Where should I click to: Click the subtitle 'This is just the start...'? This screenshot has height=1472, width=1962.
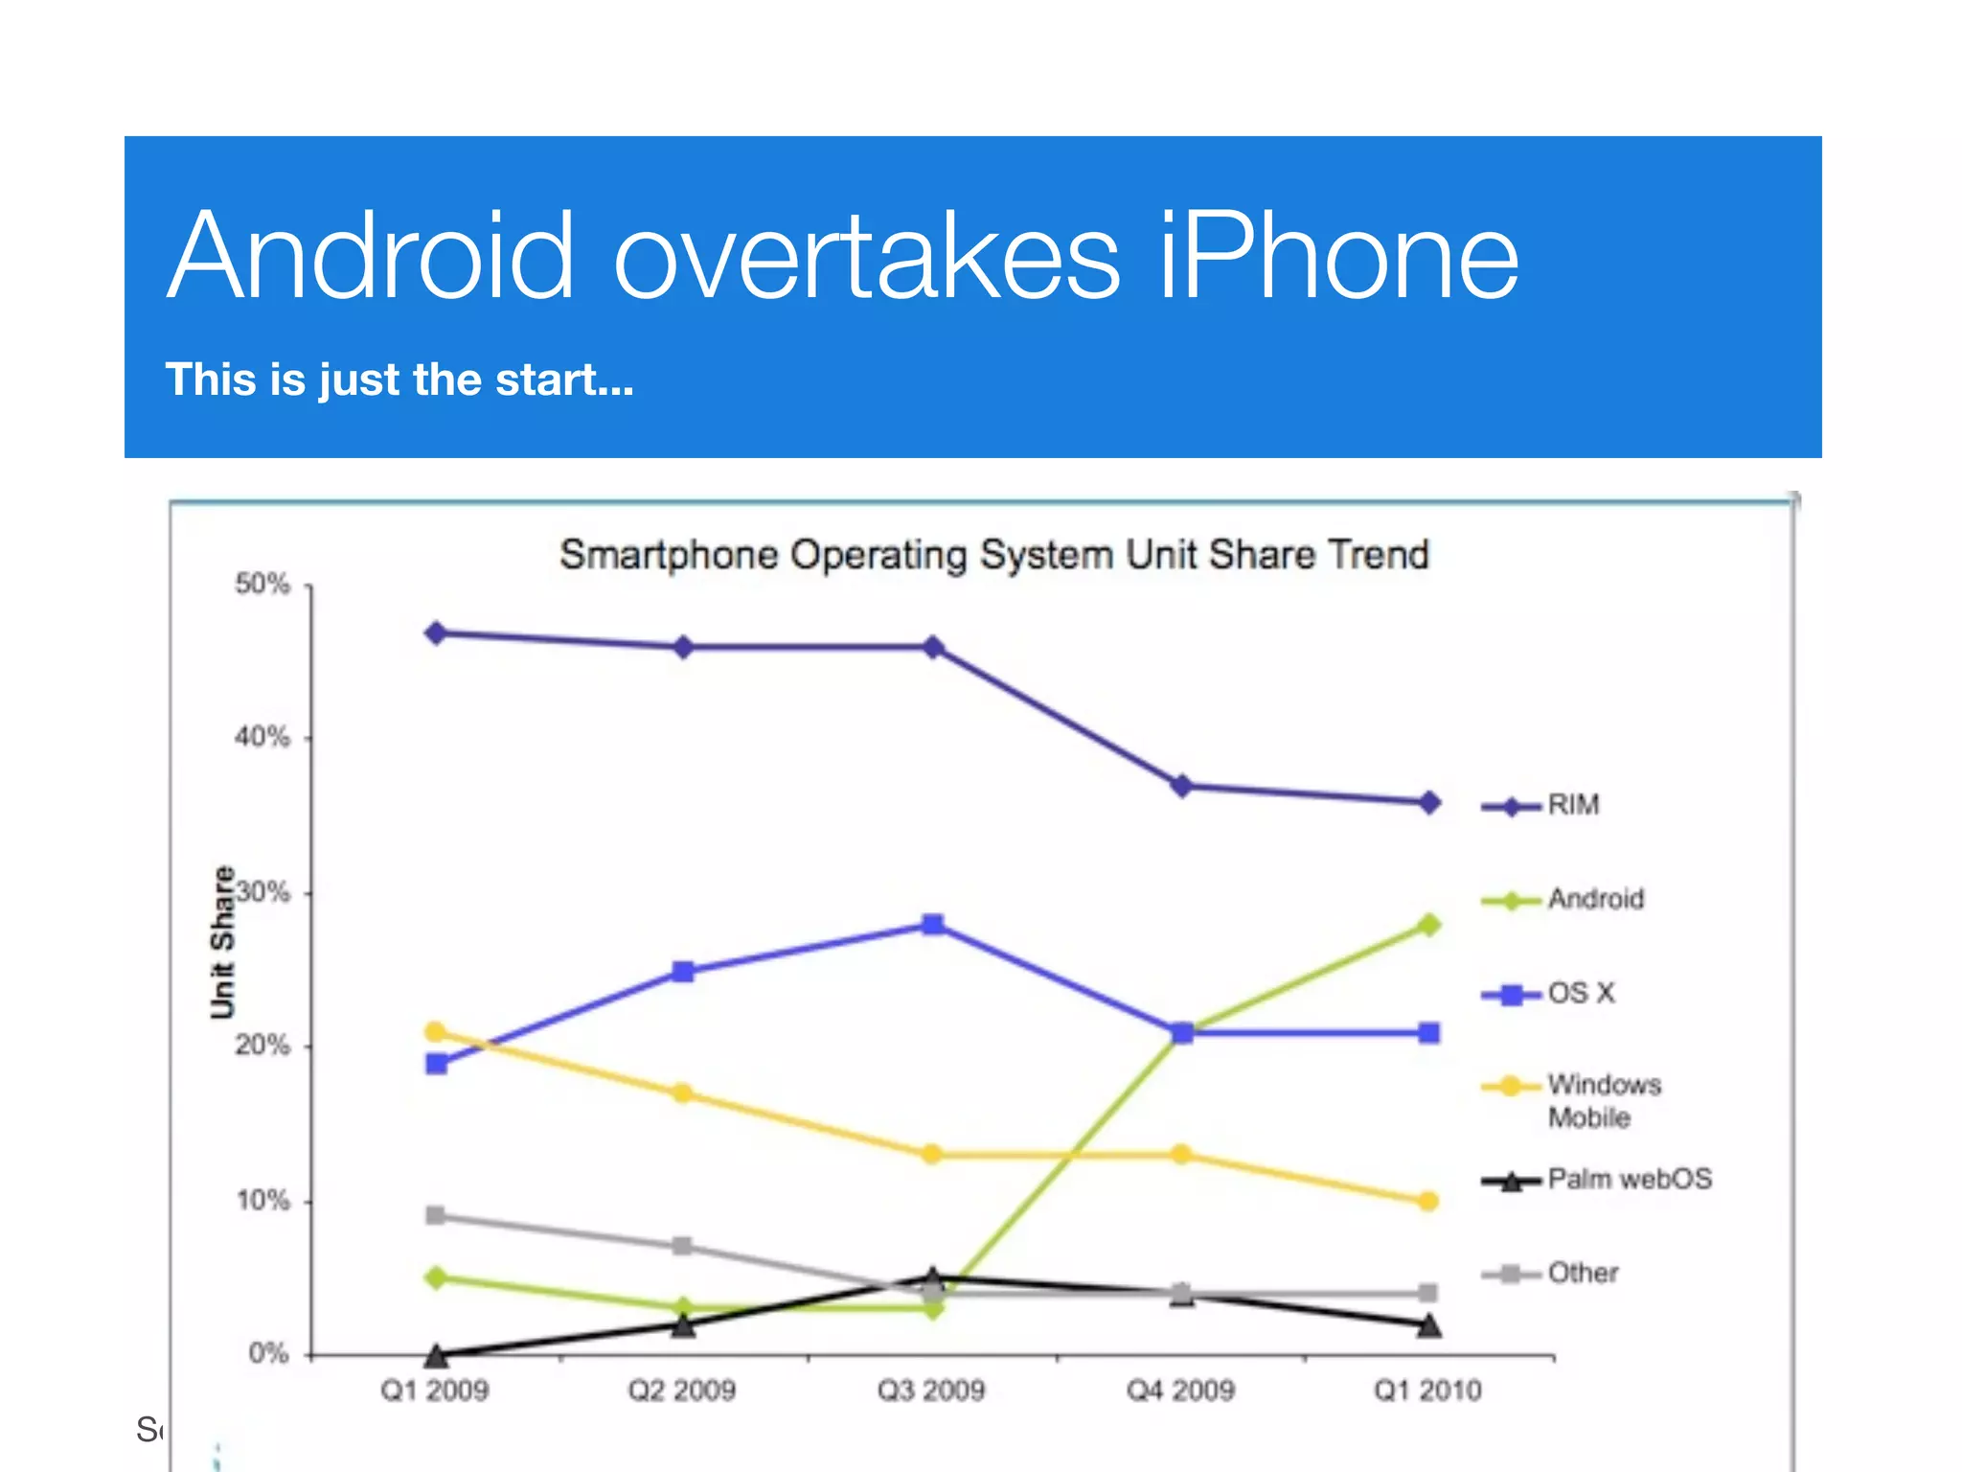coord(399,379)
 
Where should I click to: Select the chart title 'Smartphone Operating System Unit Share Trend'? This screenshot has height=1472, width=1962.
coord(993,555)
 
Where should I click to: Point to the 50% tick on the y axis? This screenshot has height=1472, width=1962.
coord(262,585)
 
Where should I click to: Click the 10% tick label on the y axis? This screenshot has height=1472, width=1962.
coord(262,1201)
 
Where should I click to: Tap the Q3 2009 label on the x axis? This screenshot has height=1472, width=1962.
coord(931,1391)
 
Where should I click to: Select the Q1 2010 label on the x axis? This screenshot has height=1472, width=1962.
coord(1427,1391)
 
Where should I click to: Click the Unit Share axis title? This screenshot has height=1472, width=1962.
coord(222,941)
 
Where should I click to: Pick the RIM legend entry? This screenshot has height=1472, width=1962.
coord(1572,805)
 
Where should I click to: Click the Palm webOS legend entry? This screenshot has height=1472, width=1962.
coord(1629,1179)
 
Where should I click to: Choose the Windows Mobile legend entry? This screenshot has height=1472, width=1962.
coord(1602,1100)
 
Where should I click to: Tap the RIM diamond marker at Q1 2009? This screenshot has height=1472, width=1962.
coord(436,633)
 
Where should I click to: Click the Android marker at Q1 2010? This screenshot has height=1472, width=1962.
coord(1428,925)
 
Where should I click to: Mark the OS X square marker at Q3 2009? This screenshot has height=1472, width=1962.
coord(933,925)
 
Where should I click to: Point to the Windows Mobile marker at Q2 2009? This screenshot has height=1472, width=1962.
coord(682,1093)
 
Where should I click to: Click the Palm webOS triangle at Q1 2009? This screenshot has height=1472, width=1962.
coord(436,1355)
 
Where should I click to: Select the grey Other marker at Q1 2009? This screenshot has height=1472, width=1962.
coord(436,1216)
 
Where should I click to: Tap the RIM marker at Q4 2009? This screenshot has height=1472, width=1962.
coord(1182,786)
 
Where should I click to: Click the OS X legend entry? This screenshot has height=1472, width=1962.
coord(1581,994)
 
